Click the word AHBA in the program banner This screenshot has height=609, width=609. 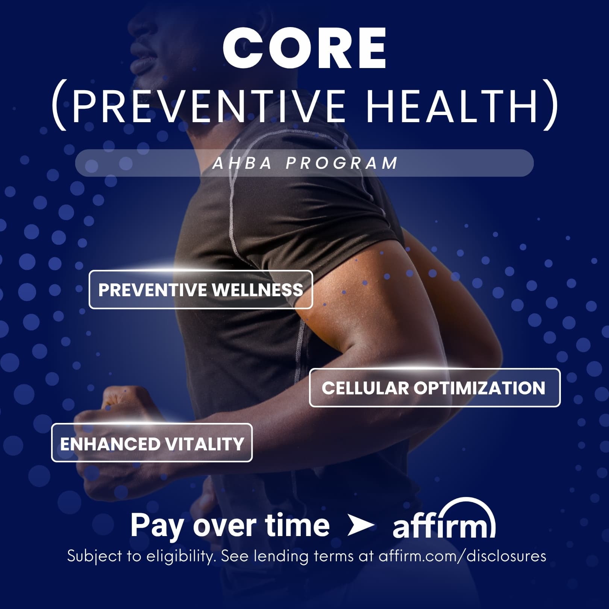[x=242, y=163]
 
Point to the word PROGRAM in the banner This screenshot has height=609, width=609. [x=341, y=163]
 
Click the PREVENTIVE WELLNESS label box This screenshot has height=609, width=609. [x=201, y=289]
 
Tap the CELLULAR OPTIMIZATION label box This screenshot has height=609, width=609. [x=435, y=388]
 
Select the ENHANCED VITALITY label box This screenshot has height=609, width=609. [x=152, y=443]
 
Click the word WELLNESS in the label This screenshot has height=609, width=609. [x=258, y=290]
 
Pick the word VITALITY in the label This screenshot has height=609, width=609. [x=205, y=444]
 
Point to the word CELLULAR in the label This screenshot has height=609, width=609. [x=365, y=388]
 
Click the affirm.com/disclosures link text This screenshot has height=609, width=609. [x=462, y=556]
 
